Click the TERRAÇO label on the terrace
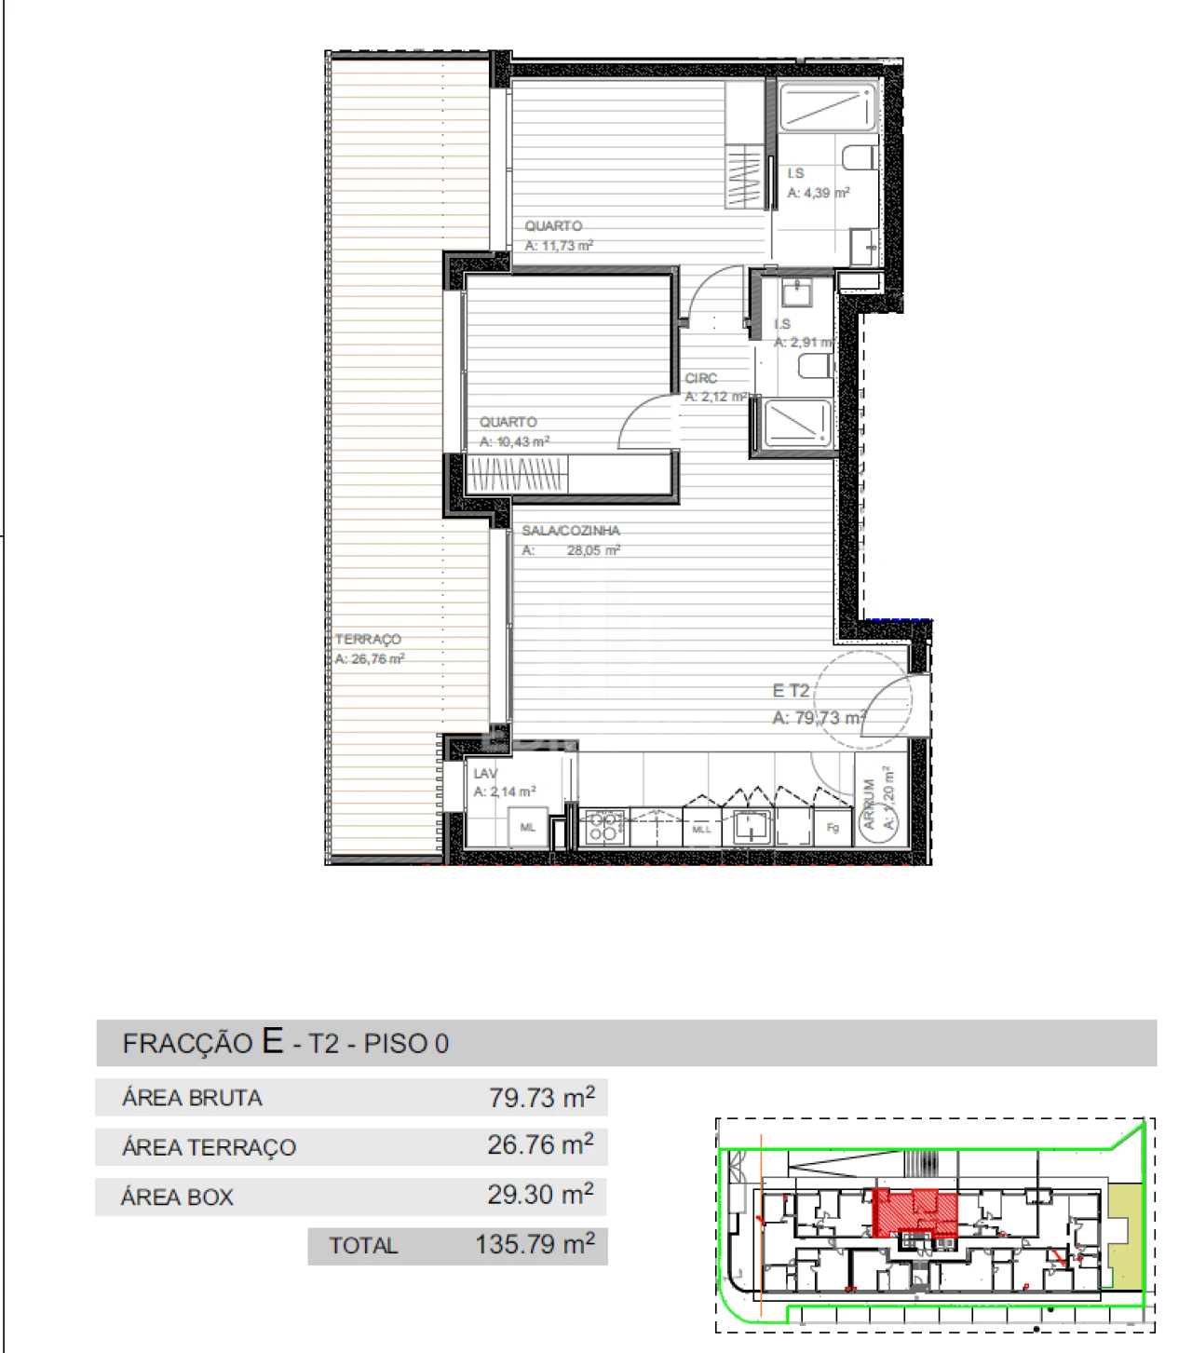tap(368, 639)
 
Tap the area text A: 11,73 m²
tap(559, 246)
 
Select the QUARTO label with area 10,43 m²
tap(508, 422)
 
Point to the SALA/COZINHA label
tap(570, 530)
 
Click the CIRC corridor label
tap(701, 378)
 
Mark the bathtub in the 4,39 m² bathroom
tap(827, 106)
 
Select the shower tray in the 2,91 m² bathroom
tap(796, 424)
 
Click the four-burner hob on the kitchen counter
tap(603, 827)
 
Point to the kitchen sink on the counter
tap(750, 827)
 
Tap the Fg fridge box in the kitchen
tap(833, 827)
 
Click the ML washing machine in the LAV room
tap(528, 827)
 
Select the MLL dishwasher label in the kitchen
tap(701, 828)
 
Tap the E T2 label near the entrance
tap(791, 690)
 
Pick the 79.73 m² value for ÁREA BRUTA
tap(541, 1097)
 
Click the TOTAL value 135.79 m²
tap(535, 1244)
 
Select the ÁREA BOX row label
tap(177, 1197)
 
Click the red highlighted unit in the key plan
tap(916, 1211)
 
